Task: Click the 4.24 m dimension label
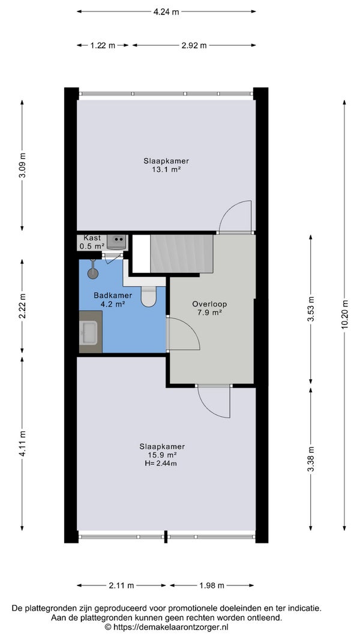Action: (x=166, y=12)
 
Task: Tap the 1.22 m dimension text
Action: (x=103, y=46)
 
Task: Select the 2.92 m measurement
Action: (x=194, y=46)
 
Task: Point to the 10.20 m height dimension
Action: (x=345, y=314)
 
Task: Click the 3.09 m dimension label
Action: (x=22, y=166)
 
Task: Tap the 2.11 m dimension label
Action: (x=121, y=585)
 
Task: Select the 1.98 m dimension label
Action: (x=212, y=585)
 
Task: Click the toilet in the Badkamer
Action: (x=149, y=296)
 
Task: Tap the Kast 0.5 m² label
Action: (x=92, y=242)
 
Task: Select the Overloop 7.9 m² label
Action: (x=209, y=308)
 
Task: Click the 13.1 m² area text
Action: (x=166, y=169)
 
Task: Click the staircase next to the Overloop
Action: (x=182, y=254)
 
